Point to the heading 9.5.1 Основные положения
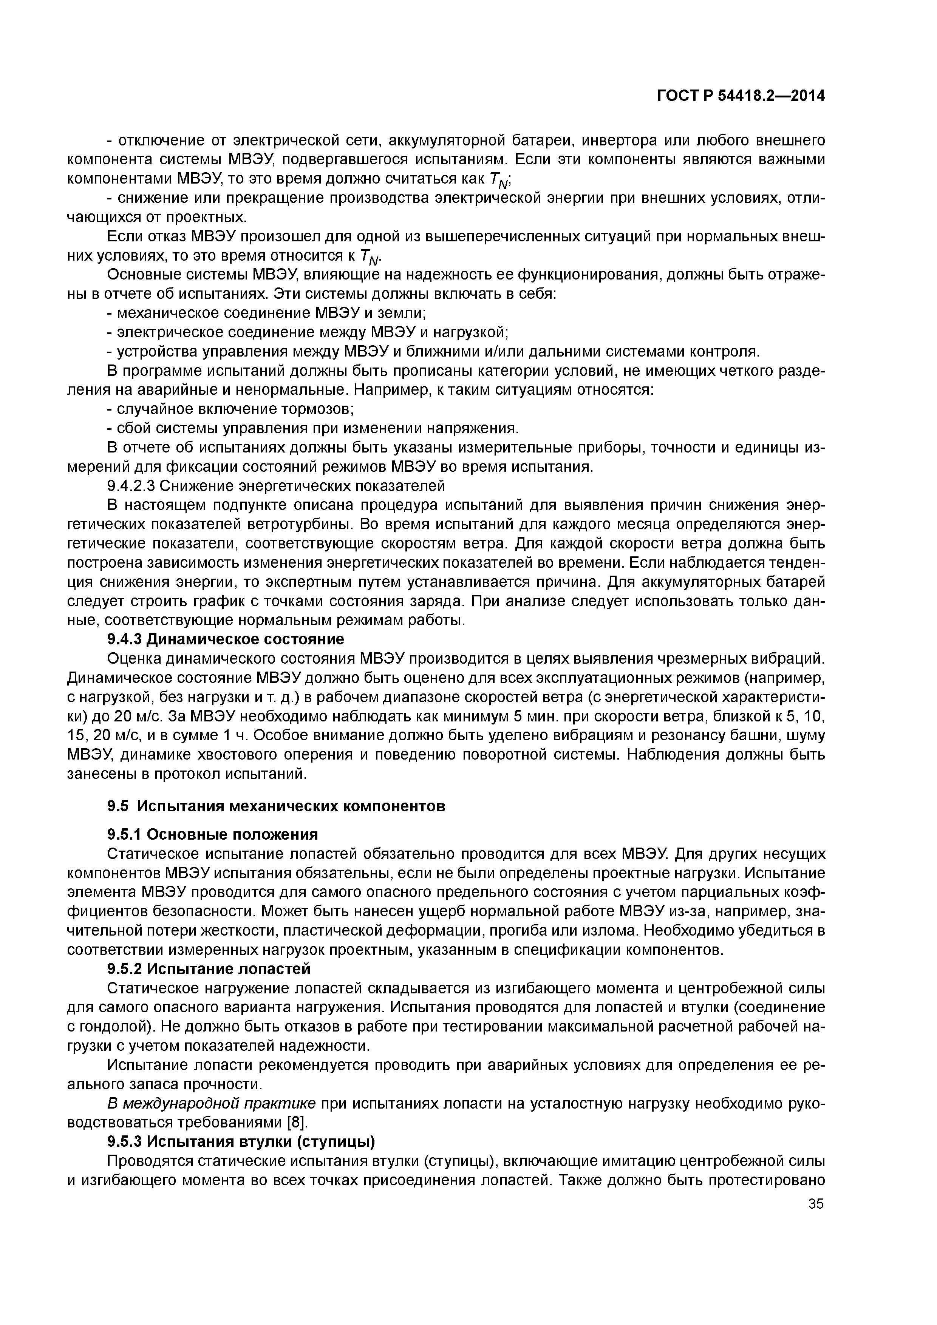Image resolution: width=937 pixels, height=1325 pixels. [212, 834]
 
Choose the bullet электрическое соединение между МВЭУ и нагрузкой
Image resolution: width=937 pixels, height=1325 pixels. [308, 332]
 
